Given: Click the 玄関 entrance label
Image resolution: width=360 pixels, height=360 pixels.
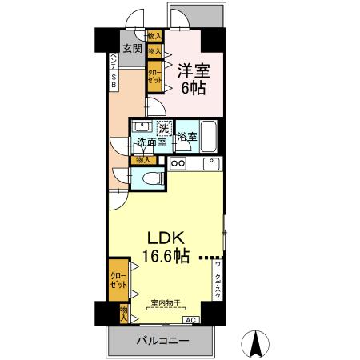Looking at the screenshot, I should coord(133,49).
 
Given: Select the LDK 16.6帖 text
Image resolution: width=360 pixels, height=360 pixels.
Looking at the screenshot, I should coord(166,247).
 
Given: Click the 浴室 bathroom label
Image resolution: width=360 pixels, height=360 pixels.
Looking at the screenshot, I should coord(187,137).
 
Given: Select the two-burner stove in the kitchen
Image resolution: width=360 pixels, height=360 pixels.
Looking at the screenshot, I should coord(178,164).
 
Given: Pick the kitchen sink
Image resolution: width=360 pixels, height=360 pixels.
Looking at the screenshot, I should coord(211,164).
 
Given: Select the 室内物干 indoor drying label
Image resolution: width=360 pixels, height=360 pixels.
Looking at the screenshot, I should coord(166,302).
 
